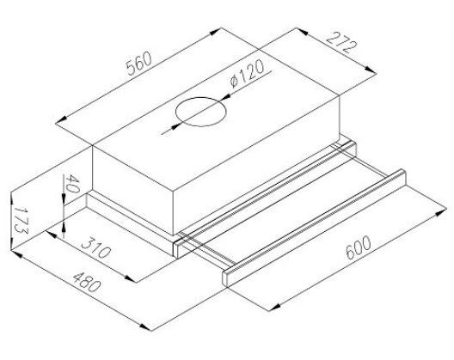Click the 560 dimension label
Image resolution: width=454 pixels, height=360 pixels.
pyautogui.click(x=139, y=64)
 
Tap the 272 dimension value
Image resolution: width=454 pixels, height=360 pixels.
pyautogui.click(x=341, y=43)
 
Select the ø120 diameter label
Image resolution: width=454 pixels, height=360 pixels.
pyautogui.click(x=247, y=73)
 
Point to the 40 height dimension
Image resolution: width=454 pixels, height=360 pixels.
pyautogui.click(x=71, y=184)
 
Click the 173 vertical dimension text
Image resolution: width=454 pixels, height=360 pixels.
pyautogui.click(x=21, y=220)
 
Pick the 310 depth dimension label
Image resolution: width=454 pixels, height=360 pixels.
pyautogui.click(x=95, y=247)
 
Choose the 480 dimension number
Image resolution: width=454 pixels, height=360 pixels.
pyautogui.click(x=87, y=282)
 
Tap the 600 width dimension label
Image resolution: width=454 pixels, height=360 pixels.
pyautogui.click(x=358, y=247)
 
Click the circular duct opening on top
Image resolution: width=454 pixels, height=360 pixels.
pyautogui.click(x=201, y=112)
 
